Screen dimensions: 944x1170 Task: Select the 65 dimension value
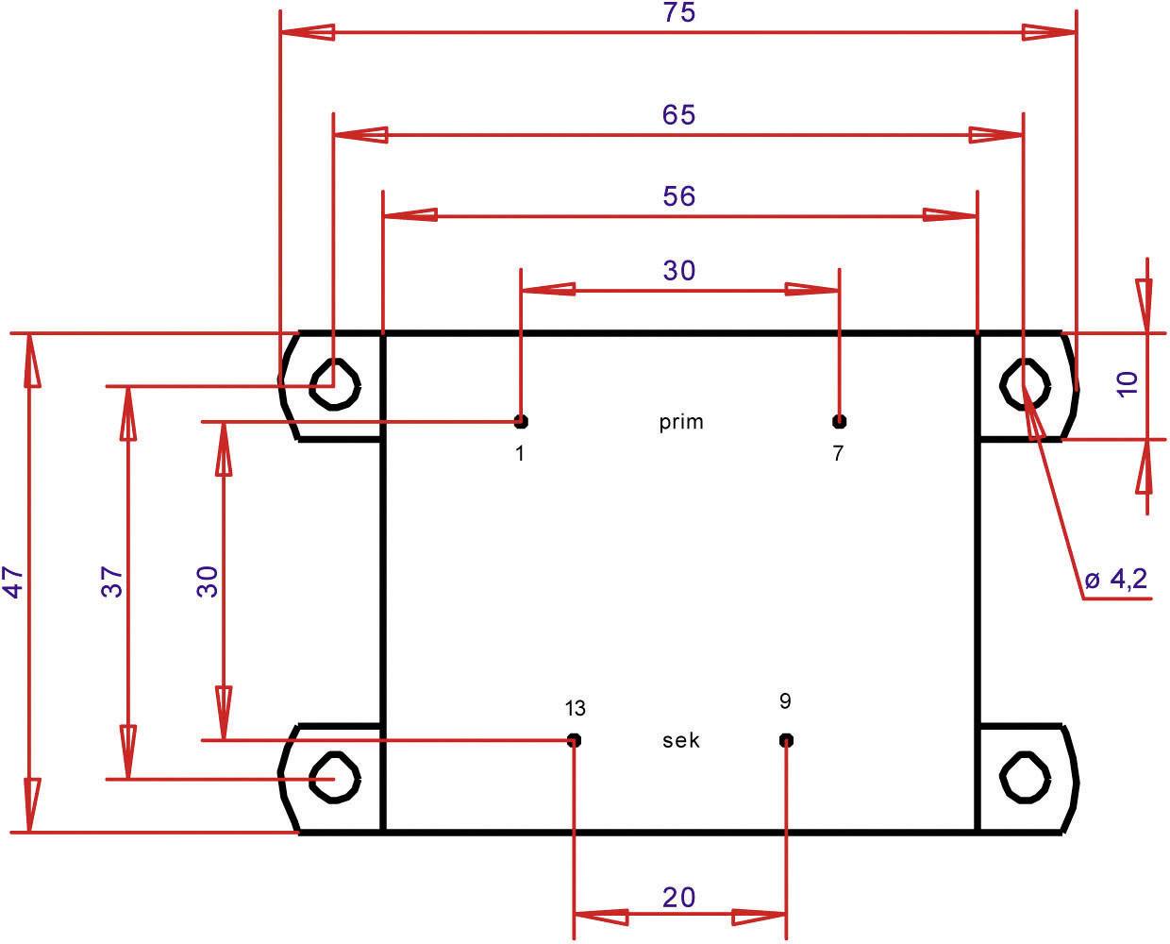(678, 114)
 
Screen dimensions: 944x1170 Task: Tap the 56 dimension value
(678, 196)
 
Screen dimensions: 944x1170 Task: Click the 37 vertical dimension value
(112, 582)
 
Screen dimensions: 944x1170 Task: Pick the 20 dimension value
(679, 896)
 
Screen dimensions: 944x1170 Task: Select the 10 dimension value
(1128, 382)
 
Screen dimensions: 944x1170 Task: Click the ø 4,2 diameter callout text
(1116, 580)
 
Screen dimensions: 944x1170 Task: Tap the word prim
(681, 422)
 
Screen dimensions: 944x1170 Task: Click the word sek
(681, 740)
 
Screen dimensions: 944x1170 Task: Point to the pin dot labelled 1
(521, 421)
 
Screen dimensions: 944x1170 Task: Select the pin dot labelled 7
(839, 421)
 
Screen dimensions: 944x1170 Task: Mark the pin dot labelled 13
(574, 739)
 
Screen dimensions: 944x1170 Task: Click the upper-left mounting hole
(335, 383)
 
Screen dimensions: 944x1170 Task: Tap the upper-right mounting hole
(1024, 383)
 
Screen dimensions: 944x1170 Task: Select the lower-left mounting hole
(335, 778)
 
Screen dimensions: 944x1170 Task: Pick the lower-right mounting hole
(1024, 778)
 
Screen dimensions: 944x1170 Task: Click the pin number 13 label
(575, 708)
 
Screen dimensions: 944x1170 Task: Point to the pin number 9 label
(786, 701)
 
